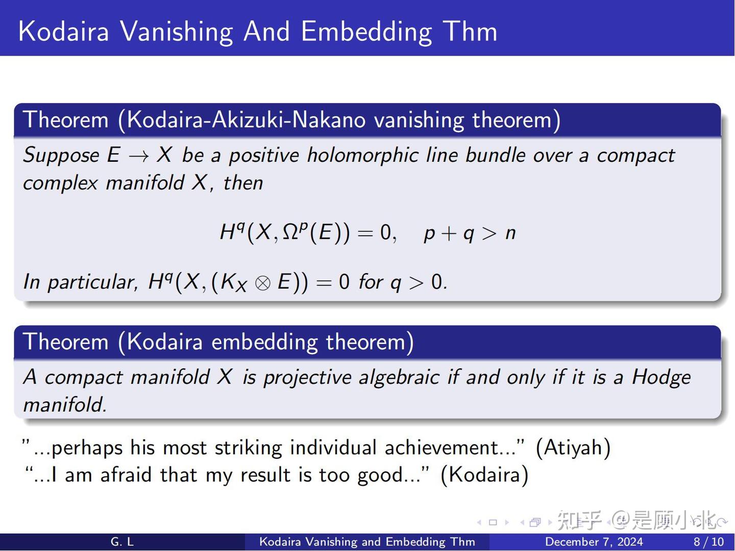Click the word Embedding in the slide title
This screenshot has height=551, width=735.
[x=366, y=32]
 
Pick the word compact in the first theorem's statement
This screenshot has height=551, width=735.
[x=635, y=156]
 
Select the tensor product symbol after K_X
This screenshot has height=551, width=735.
[x=262, y=283]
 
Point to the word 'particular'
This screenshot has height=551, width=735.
[x=92, y=282]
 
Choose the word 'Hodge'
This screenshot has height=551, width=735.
[x=661, y=378]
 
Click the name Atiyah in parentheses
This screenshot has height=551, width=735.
[x=573, y=448]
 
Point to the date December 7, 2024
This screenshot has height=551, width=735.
[x=594, y=542]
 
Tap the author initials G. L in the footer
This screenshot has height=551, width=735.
[x=122, y=542]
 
